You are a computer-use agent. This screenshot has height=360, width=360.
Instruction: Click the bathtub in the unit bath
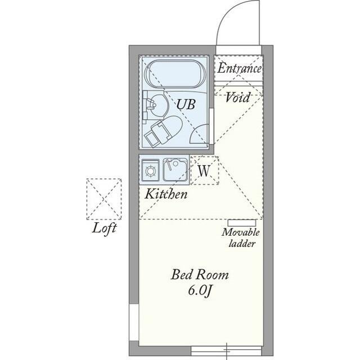[175, 75]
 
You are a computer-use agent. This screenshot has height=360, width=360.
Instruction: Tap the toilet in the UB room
[164, 130]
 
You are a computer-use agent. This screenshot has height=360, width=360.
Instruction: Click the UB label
[186, 104]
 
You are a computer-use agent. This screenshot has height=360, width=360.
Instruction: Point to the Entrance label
[240, 69]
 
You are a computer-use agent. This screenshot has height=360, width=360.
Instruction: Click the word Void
[238, 97]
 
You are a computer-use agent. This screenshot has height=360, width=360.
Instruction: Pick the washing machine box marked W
[204, 170]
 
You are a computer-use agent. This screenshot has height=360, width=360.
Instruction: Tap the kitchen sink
[175, 169]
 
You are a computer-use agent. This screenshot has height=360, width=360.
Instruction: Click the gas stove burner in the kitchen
[150, 169]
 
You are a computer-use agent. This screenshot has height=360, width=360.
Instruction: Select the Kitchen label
[166, 195]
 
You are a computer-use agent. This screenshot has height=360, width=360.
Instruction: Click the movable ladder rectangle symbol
[242, 222]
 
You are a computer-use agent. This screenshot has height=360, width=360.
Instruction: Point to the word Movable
[241, 233]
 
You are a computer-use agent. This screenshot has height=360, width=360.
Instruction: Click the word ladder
[242, 244]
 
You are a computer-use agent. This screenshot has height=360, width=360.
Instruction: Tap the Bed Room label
[200, 276]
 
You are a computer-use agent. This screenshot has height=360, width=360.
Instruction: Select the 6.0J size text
[200, 291]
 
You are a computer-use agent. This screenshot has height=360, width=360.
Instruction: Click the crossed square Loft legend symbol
[104, 199]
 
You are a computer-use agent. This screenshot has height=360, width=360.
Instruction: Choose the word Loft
[105, 228]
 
